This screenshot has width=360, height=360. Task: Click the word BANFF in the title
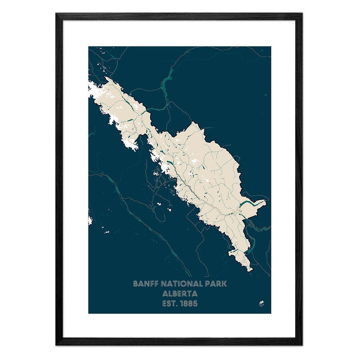point(144,284)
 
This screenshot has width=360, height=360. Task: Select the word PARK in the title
point(216,284)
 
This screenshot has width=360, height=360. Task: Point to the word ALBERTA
point(180,293)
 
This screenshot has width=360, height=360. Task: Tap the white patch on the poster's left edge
point(90,220)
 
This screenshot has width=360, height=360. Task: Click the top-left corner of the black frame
point(57,14)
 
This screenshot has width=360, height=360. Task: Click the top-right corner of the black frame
point(302,14)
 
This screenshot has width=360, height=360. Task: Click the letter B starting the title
point(135,284)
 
